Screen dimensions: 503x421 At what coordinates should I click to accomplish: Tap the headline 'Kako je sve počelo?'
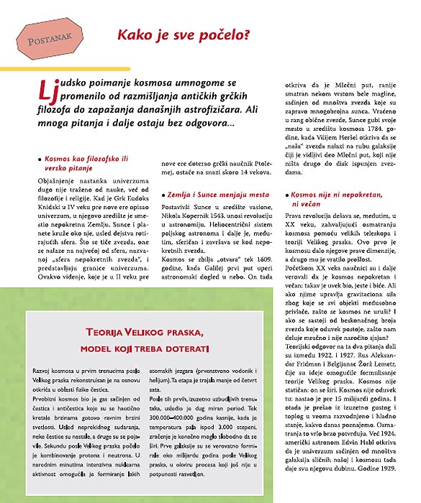tap(184, 33)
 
